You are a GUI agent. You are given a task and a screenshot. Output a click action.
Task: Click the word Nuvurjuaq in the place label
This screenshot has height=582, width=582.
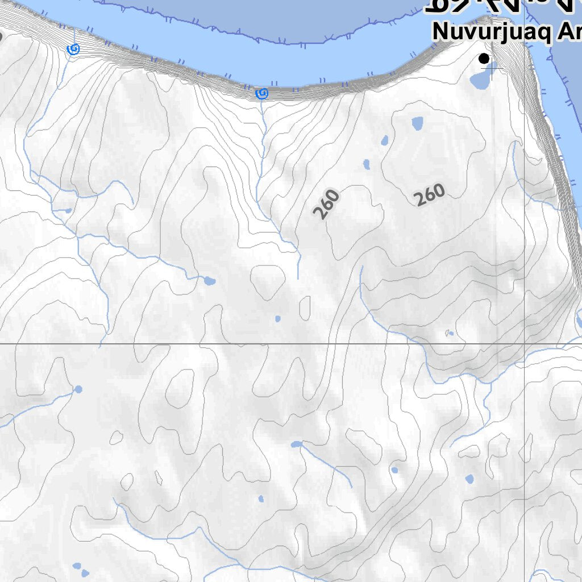pos(489,32)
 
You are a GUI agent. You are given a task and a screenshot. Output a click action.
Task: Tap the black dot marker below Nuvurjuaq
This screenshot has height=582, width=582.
pos(484,58)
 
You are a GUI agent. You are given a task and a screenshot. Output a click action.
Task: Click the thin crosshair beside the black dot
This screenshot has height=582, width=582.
pos(492,68)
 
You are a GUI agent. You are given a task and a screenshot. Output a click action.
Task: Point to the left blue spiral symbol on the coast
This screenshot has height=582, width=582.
pos(73,49)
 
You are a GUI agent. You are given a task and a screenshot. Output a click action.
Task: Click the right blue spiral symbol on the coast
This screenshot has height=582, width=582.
pos(261,93)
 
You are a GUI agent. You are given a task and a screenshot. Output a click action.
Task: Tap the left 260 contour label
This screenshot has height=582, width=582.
pos(326,204)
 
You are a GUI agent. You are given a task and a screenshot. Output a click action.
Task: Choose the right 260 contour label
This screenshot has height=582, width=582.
pos(430,195)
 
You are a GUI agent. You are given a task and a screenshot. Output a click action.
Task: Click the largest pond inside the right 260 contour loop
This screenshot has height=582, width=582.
pos(418,123)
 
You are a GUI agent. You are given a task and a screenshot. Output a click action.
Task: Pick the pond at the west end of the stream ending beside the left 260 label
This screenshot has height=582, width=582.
pos(209,281)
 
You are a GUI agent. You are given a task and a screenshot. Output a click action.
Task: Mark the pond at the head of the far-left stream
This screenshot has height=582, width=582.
pos(78,389)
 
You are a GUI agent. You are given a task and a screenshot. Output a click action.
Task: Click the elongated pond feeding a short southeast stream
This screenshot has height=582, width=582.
pos(296,444)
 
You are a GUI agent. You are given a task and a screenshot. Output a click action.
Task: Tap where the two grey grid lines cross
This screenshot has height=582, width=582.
pos(524,344)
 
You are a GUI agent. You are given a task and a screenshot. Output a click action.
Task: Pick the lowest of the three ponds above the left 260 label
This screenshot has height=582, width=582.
pos(367,165)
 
